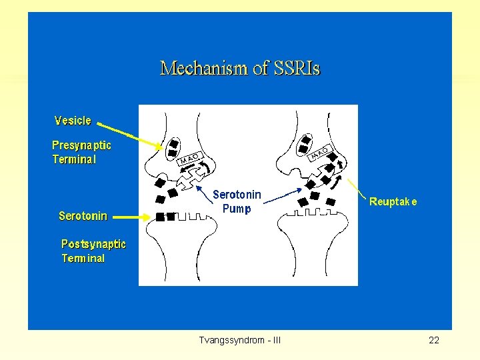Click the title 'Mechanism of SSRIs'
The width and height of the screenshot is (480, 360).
click(x=240, y=68)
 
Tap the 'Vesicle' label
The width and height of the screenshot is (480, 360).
click(x=73, y=121)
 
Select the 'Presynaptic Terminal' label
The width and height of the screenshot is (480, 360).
click(x=81, y=152)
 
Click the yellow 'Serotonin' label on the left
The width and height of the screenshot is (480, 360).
click(x=83, y=216)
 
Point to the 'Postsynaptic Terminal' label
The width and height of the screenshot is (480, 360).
click(x=93, y=251)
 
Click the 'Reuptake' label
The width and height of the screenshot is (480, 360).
click(x=393, y=201)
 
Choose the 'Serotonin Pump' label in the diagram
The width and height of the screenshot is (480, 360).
click(x=237, y=201)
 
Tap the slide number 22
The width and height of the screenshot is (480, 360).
click(x=434, y=341)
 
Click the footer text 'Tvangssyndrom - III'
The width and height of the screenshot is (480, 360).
click(x=240, y=341)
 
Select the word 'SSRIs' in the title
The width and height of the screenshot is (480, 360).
click(x=293, y=68)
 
